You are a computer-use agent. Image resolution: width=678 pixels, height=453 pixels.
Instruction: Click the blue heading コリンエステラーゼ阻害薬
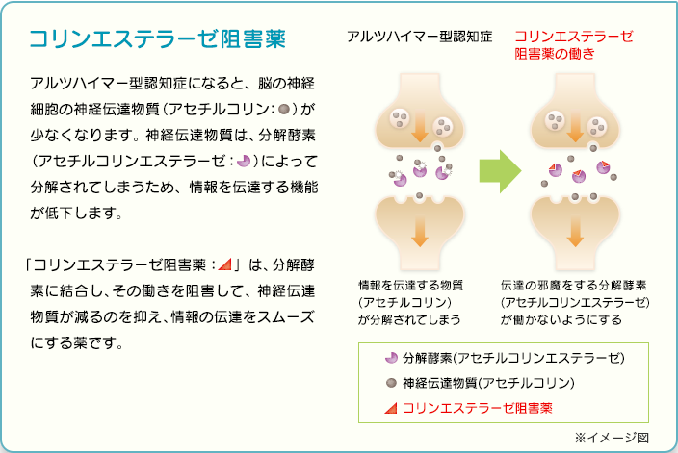[x=157, y=38]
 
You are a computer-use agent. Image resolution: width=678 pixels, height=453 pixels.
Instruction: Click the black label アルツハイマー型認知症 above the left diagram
[x=420, y=37]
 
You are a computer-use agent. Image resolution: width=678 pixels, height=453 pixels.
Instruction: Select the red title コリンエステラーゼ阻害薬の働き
[x=574, y=44]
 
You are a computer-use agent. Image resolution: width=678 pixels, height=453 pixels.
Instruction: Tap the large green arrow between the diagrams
[x=500, y=171]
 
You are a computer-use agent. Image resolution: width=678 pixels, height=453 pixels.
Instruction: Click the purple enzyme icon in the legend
[x=391, y=358]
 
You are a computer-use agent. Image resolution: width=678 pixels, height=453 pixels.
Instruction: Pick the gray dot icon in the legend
[x=391, y=383]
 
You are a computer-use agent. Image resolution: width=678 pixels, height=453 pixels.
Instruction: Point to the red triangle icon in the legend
[x=391, y=408]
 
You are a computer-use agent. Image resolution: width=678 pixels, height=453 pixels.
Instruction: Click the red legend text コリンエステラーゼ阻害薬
[x=478, y=408]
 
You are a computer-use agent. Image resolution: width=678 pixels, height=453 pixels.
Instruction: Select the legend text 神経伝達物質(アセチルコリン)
[x=488, y=383]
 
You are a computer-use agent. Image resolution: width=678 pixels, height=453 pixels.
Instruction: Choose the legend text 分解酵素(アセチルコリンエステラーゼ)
[x=513, y=358]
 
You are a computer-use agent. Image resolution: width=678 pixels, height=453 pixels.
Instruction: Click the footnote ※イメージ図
[x=612, y=438]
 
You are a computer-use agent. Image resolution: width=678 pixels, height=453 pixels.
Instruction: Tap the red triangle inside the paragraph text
[x=224, y=264]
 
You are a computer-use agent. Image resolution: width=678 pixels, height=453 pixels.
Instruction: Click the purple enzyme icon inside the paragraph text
[x=244, y=161]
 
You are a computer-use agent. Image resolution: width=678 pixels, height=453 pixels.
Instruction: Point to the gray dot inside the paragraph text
[x=284, y=110]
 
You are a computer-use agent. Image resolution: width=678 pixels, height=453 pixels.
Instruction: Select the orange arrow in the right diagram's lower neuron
[x=575, y=232]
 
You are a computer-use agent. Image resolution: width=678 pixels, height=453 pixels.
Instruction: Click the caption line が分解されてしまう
[x=409, y=319]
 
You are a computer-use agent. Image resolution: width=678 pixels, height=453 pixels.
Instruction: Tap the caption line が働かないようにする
[x=561, y=319]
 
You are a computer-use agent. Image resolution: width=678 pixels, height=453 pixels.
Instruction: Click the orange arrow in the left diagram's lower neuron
[x=420, y=232]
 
